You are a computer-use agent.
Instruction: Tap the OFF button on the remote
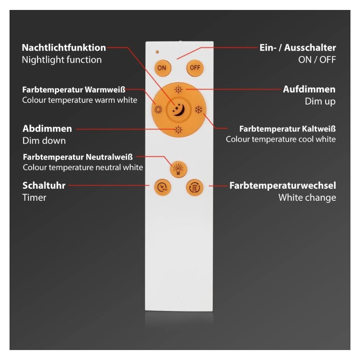coord(195,68)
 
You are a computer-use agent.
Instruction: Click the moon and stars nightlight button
coord(178,109)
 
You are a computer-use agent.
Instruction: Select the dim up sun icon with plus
coord(178,90)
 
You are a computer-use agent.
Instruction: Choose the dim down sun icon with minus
coord(178,129)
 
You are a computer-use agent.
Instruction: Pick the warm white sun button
coord(158,110)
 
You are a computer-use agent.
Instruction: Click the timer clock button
coord(162,187)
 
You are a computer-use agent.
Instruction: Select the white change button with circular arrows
coord(195,187)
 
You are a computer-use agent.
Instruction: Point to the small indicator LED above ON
coord(157,52)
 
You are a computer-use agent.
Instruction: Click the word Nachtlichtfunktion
coord(64,47)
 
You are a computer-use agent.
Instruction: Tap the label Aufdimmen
coord(309,89)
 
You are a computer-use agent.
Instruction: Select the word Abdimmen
coord(47,129)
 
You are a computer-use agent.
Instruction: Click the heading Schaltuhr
coord(44,185)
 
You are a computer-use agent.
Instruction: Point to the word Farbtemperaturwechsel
coord(283,185)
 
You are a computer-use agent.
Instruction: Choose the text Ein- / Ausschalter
coord(297,47)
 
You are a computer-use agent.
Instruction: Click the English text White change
coord(307,197)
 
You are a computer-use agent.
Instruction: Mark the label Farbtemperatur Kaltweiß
coord(288,129)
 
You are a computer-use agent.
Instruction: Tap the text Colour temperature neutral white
coord(83,168)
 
